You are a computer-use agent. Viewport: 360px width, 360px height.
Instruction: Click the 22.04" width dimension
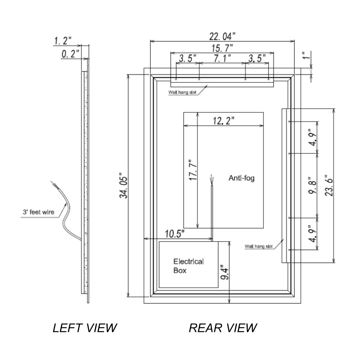(x=222, y=36)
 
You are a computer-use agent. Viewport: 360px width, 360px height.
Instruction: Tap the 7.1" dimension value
(x=222, y=58)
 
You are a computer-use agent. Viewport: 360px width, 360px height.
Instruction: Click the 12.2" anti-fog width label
(x=223, y=121)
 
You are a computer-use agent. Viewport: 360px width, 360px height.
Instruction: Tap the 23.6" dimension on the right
(x=328, y=186)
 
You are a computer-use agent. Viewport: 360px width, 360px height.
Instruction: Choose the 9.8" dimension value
(x=312, y=186)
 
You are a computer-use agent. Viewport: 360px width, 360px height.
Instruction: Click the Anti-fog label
(x=241, y=178)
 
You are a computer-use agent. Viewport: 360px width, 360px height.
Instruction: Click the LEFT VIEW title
(x=85, y=328)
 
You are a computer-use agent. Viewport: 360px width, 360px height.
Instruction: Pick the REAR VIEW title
(x=223, y=328)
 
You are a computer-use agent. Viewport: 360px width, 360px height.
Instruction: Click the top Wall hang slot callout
(x=182, y=92)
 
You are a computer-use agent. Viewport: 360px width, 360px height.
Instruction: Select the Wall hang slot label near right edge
(x=258, y=247)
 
